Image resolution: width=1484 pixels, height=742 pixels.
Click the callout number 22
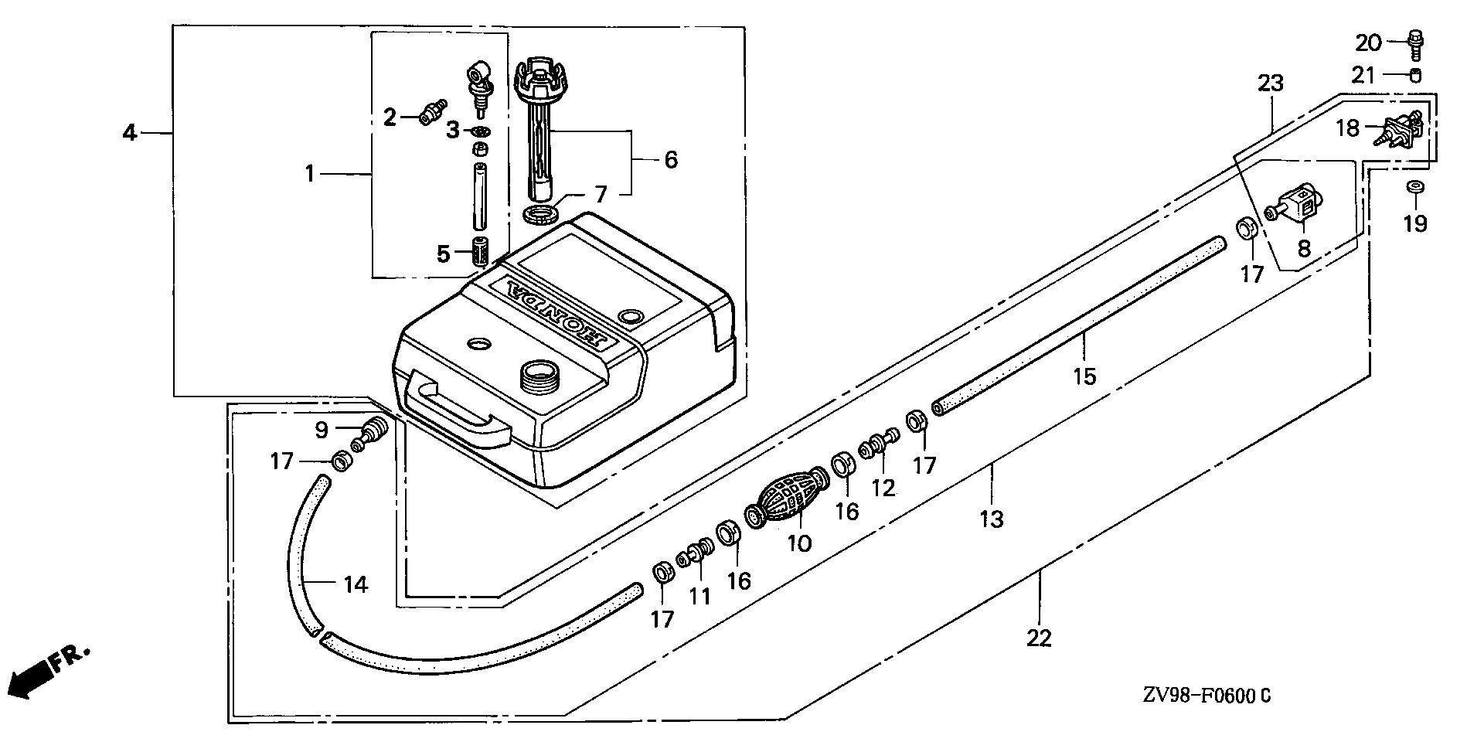coord(1040,638)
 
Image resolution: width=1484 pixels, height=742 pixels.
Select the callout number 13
coord(991,519)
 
